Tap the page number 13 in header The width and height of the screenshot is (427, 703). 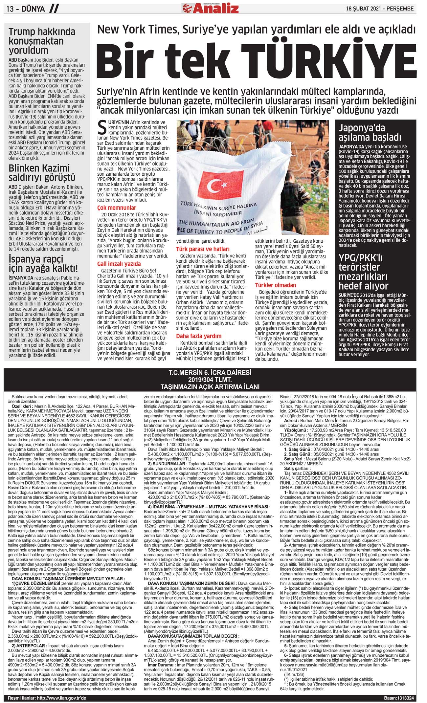pyautogui.click(x=10, y=9)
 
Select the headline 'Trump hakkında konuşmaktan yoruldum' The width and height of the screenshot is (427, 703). pyautogui.click(x=42, y=41)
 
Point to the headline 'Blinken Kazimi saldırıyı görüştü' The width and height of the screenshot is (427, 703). pyautogui.click(x=42, y=173)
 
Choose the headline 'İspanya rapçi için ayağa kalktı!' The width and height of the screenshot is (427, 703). pyautogui.click(x=43, y=264)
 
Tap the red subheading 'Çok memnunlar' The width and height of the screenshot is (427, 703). pyautogui.click(x=117, y=208)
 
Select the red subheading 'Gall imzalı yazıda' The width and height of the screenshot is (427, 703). pyautogui.click(x=119, y=264)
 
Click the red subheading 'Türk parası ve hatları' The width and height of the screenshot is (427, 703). pyautogui.click(x=203, y=249)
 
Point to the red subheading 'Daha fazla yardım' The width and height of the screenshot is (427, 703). pyautogui.click(x=199, y=336)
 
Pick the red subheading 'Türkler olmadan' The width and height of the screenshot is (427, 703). pyautogui.click(x=275, y=285)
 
